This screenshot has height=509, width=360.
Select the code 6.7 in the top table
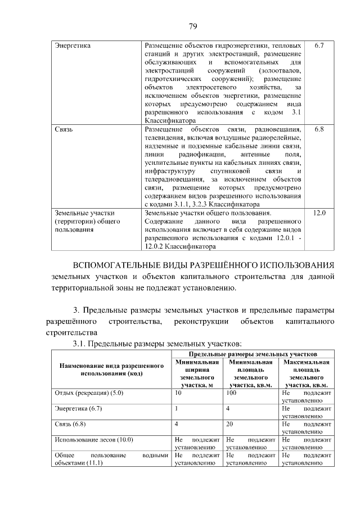pyautogui.click(x=319, y=44)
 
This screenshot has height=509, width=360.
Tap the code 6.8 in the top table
pyautogui.click(x=319, y=129)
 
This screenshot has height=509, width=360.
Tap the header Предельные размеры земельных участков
pyautogui.click(x=253, y=354)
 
